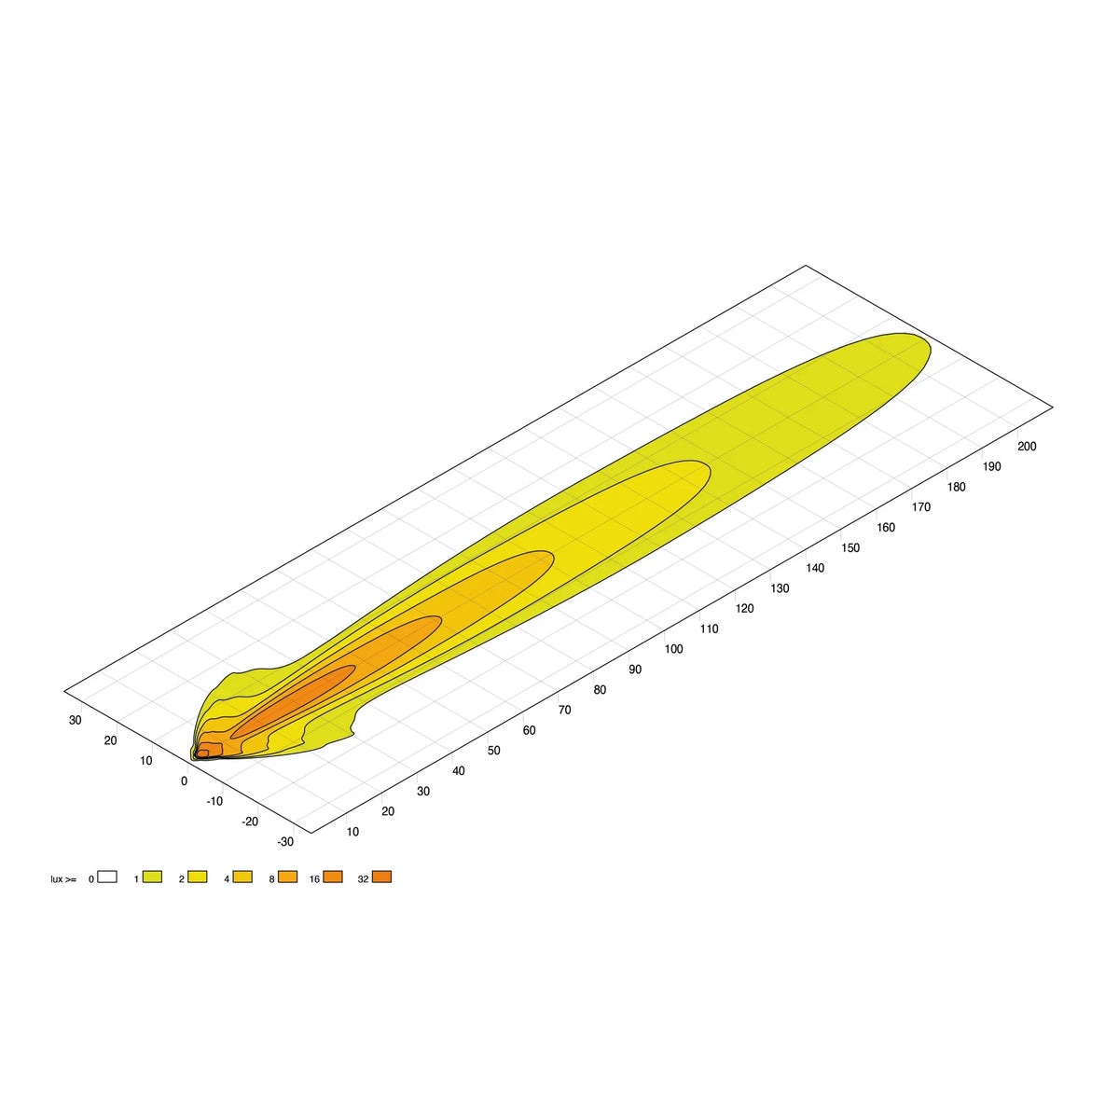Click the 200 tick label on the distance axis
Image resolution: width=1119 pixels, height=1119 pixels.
1027,446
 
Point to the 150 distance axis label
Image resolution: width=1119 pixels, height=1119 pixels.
850,547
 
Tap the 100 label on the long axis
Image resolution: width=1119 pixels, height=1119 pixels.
673,649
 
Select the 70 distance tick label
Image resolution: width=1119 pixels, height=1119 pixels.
564,710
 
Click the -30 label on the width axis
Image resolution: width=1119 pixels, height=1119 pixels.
285,842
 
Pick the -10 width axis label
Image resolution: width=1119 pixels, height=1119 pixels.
214,801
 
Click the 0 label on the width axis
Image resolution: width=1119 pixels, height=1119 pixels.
184,781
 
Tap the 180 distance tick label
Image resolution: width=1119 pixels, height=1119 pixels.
956,487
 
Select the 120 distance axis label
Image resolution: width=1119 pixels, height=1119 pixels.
744,609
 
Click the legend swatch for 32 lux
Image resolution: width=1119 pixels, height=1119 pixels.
381,877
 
